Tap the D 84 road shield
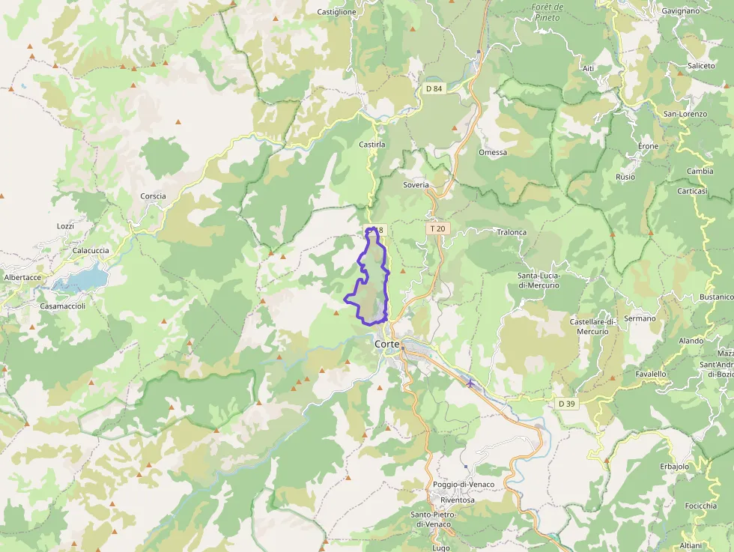[x=434, y=88]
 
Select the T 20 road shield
[x=438, y=228]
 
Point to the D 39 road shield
[x=567, y=404]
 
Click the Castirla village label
[x=372, y=144]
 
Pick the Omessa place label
[x=493, y=152]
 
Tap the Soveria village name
[x=416, y=184]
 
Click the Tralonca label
[x=512, y=232]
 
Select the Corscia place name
[x=153, y=196]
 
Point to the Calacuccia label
[x=91, y=251]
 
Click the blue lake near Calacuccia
[x=82, y=279]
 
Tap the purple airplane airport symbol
[x=470, y=383]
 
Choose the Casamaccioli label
[x=63, y=306]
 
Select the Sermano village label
[x=640, y=318]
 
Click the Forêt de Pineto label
[x=547, y=11]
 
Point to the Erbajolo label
[x=674, y=467]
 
